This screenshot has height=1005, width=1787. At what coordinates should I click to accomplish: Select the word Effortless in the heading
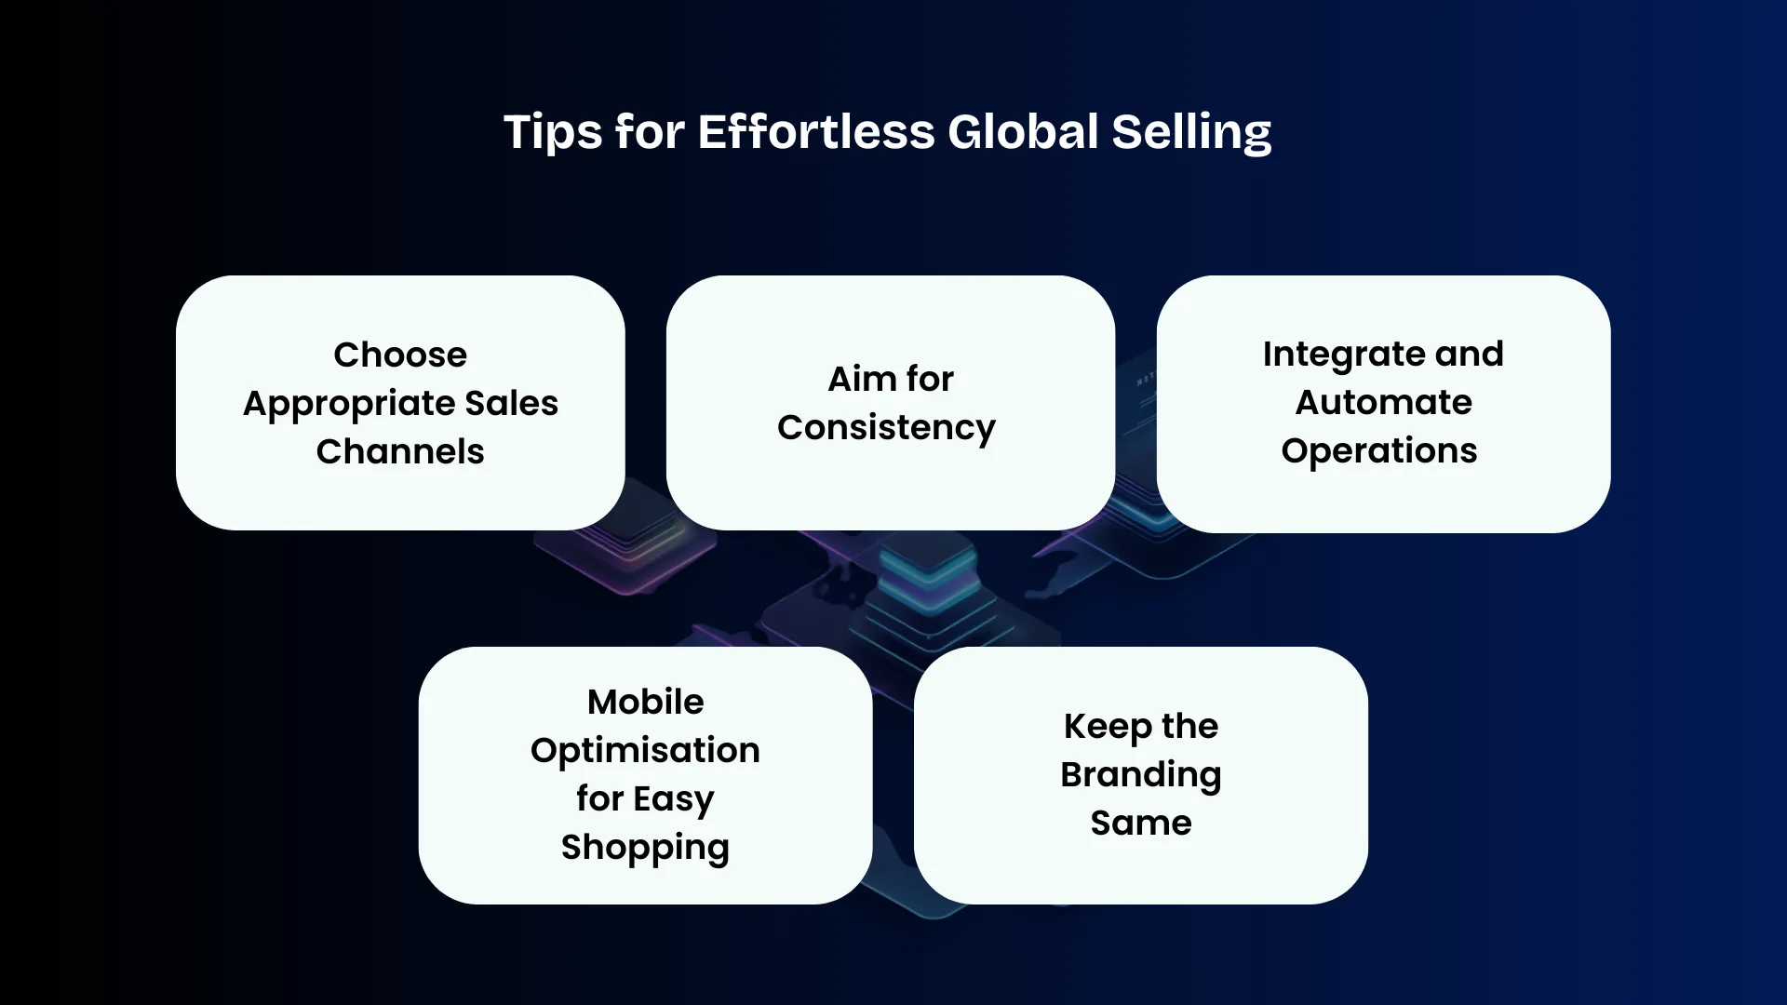tap(815, 132)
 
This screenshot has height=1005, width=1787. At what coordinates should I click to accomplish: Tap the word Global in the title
tap(1023, 132)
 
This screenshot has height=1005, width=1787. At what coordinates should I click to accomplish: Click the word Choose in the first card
tap(400, 355)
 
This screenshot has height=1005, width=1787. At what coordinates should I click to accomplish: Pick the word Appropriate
tap(348, 404)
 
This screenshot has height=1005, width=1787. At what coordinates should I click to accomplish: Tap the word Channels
tap(400, 451)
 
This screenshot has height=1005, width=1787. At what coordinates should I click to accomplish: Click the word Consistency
tap(886, 428)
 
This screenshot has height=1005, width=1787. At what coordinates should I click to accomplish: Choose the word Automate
tap(1383, 402)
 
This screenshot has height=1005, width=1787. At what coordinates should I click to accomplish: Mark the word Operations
tap(1378, 451)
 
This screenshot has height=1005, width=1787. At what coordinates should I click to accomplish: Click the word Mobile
tap(645, 702)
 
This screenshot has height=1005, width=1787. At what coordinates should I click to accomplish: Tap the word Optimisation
tap(645, 750)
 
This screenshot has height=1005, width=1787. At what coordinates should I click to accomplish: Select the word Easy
tap(674, 799)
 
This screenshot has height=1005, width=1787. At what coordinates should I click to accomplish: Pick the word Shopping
tap(645, 848)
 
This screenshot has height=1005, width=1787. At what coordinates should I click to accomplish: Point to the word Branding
tap(1140, 775)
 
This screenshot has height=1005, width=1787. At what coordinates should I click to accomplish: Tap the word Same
tap(1140, 824)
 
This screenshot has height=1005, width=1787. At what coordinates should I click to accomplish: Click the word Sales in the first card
tap(511, 404)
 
